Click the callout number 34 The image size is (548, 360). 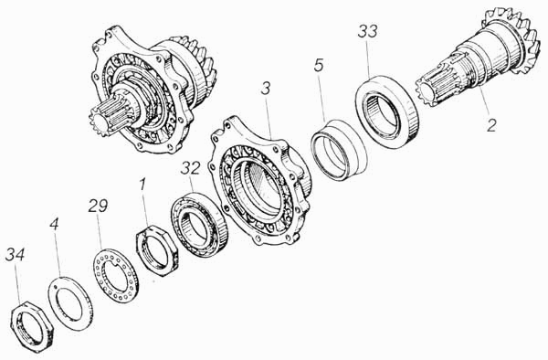pos(15,254)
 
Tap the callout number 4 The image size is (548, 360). pos(54,224)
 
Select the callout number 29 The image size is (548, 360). pos(98,206)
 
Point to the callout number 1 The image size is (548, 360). pos(142,185)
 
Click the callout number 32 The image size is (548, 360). pos(191,168)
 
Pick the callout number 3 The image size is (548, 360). pos(266,89)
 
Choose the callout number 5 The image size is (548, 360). pos(319,66)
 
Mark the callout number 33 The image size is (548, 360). pos(368,31)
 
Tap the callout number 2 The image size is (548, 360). pos(491,125)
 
